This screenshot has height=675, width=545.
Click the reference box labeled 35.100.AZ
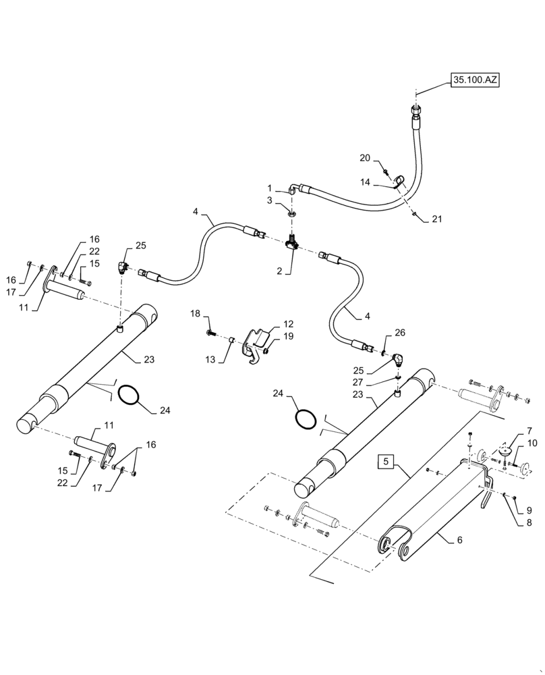coord(475,80)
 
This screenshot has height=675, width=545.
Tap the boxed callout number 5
coord(386,463)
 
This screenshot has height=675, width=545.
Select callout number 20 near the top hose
coord(365,158)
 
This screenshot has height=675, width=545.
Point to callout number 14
coord(365,182)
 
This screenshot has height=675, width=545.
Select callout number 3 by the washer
coord(269,200)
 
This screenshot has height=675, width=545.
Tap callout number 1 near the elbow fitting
coord(269,188)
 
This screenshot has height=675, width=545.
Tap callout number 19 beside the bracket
coord(288,335)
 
